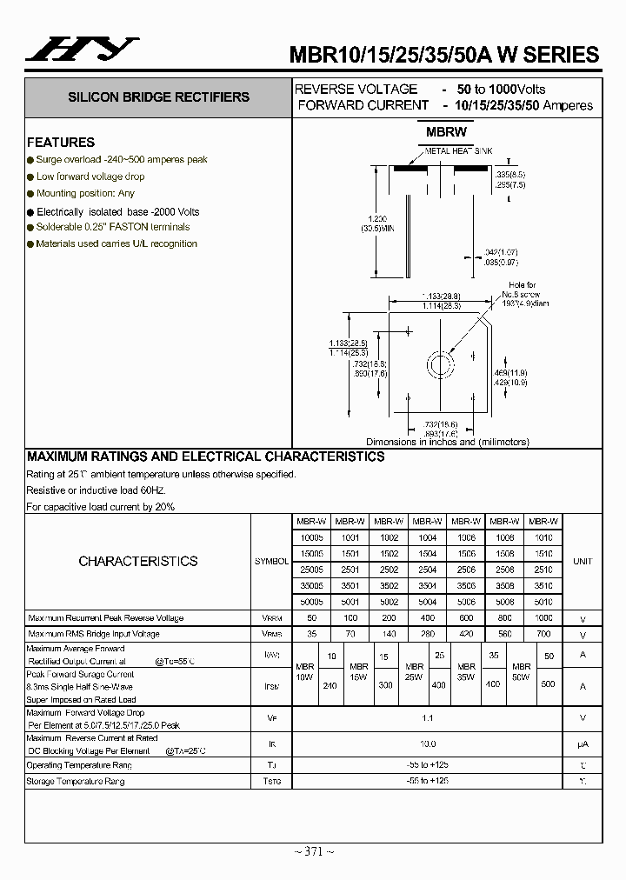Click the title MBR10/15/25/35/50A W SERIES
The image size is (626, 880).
point(443,54)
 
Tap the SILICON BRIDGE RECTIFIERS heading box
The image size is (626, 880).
point(159,97)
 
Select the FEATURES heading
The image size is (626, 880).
point(61,142)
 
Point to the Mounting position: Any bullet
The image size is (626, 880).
point(85,193)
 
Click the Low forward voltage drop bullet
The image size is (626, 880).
point(90,177)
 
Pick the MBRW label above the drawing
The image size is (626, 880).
point(446,132)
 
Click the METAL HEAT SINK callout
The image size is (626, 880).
point(458,151)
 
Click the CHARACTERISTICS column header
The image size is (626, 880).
point(138,561)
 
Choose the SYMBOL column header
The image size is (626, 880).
point(271,562)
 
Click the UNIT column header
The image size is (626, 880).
point(583,562)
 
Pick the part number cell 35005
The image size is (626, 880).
point(310,586)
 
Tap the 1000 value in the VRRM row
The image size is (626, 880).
point(543,618)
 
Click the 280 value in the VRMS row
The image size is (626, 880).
point(427,635)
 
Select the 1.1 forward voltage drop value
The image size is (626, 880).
point(427,718)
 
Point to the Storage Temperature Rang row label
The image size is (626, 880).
point(76,782)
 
